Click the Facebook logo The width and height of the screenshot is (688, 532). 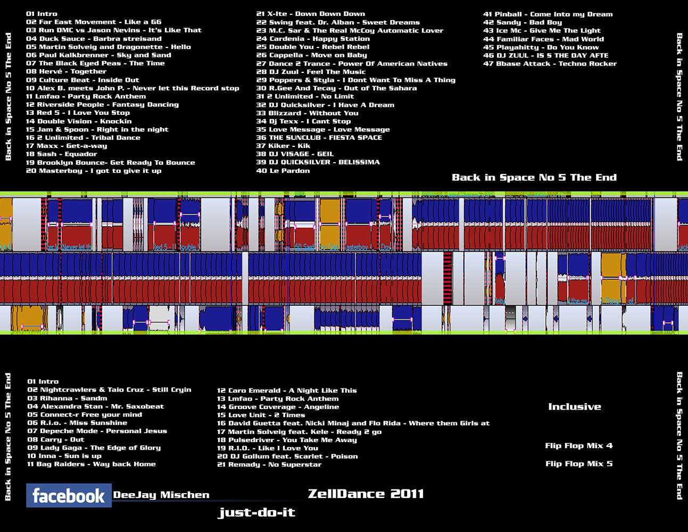point(69,496)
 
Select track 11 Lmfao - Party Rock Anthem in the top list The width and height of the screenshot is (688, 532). point(86,96)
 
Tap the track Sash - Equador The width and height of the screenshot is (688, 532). point(62,154)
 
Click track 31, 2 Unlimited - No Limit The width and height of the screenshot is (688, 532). point(305,96)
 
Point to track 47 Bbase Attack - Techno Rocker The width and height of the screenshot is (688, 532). point(550,64)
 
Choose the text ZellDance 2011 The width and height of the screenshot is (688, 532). point(366,494)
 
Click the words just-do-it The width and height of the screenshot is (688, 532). point(256,513)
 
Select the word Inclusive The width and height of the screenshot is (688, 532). point(575,407)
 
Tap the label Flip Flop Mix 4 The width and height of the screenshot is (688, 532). point(578,446)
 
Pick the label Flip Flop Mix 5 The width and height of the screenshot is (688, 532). point(578,464)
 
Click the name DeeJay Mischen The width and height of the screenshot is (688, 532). point(161,495)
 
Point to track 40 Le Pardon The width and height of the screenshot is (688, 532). point(283,171)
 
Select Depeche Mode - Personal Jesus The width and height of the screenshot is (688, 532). point(97,431)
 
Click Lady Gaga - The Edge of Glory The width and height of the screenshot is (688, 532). point(94,448)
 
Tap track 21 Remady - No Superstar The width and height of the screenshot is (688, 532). point(269,464)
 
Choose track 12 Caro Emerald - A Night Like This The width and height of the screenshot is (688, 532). point(287,390)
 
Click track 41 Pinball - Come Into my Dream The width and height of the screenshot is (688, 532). point(548,14)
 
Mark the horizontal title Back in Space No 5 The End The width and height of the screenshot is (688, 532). point(534,178)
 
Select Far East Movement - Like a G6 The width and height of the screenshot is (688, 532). point(94,22)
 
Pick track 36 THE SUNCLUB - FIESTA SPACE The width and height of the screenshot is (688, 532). point(319,138)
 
